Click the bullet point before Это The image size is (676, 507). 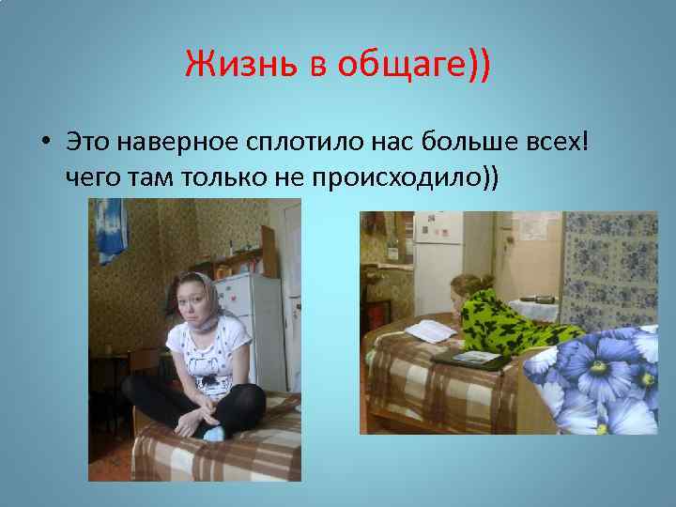[x=45, y=144]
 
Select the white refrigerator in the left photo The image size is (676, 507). [x=252, y=319]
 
